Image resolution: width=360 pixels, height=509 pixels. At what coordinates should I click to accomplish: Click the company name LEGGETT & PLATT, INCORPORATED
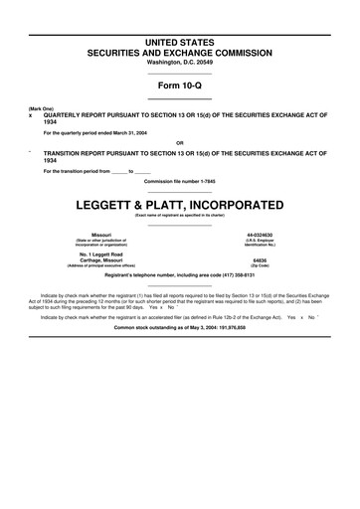(x=180, y=205)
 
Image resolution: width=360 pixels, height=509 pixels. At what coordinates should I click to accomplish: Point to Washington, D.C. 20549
(x=180, y=62)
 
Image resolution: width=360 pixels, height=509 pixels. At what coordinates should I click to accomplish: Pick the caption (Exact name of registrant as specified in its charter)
(x=180, y=215)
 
